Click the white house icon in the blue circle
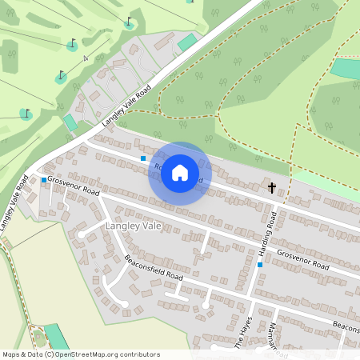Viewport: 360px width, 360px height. pyautogui.click(x=180, y=173)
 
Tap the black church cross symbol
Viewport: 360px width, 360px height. pyautogui.click(x=272, y=189)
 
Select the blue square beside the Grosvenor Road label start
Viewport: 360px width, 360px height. pyautogui.click(x=43, y=180)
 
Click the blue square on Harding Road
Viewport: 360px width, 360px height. pyautogui.click(x=260, y=264)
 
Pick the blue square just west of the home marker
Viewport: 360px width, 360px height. pyautogui.click(x=143, y=158)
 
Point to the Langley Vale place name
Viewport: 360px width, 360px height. pyautogui.click(x=133, y=227)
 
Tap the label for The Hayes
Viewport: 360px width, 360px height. pyautogui.click(x=243, y=333)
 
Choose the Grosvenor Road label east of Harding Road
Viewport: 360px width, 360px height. pyautogui.click(x=303, y=258)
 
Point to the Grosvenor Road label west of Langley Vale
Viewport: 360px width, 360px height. pyautogui.click(x=73, y=186)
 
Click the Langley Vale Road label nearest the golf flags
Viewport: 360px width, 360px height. pyautogui.click(x=126, y=107)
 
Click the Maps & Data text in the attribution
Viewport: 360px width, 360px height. pyautogui.click(x=22, y=354)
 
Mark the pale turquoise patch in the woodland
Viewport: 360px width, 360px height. pyautogui.click(x=346, y=69)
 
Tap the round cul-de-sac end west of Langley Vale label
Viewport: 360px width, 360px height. pyautogui.click(x=81, y=234)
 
